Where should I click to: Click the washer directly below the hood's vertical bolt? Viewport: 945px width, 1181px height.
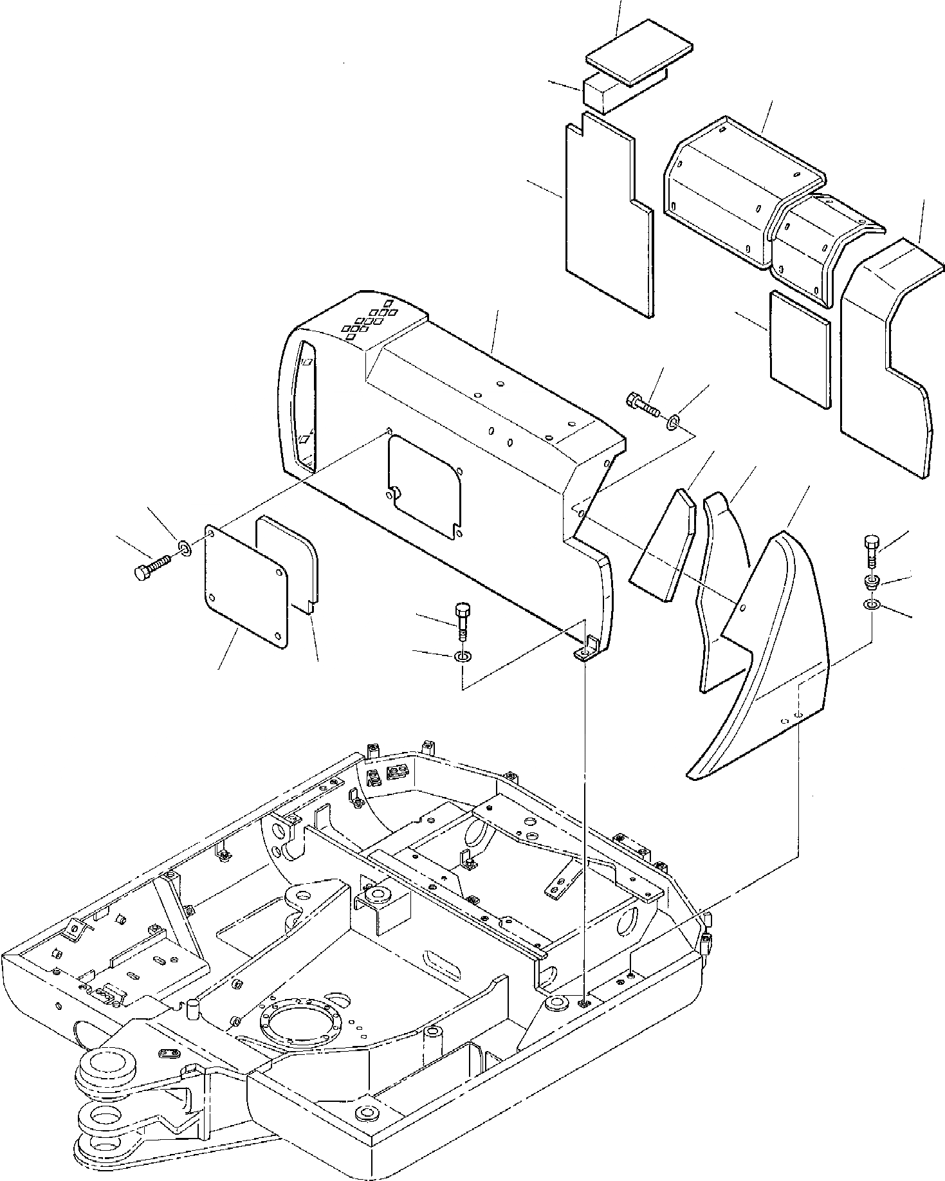[463, 657]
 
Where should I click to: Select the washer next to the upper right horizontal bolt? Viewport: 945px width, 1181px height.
[672, 421]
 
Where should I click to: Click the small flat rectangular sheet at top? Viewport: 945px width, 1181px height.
[639, 58]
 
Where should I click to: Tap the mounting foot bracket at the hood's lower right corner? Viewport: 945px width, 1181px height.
[583, 653]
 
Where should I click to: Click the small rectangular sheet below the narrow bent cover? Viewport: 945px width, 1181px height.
[800, 351]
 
